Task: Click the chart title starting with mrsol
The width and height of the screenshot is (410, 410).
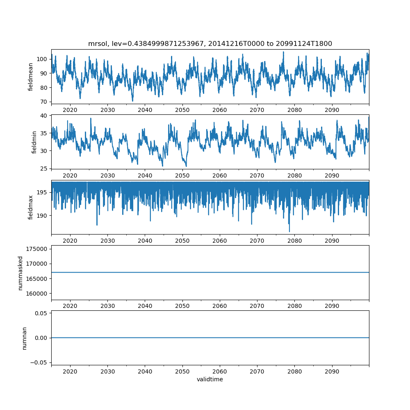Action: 210,43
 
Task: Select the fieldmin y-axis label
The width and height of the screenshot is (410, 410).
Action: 34,142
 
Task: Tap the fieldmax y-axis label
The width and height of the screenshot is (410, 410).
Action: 31,207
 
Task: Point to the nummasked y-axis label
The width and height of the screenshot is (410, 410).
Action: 20,273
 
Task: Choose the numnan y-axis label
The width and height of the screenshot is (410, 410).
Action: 24,338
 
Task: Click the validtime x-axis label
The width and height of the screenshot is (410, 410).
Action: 210,379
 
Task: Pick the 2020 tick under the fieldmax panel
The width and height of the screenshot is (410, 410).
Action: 70,240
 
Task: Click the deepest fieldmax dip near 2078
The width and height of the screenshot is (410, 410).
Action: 289,232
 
